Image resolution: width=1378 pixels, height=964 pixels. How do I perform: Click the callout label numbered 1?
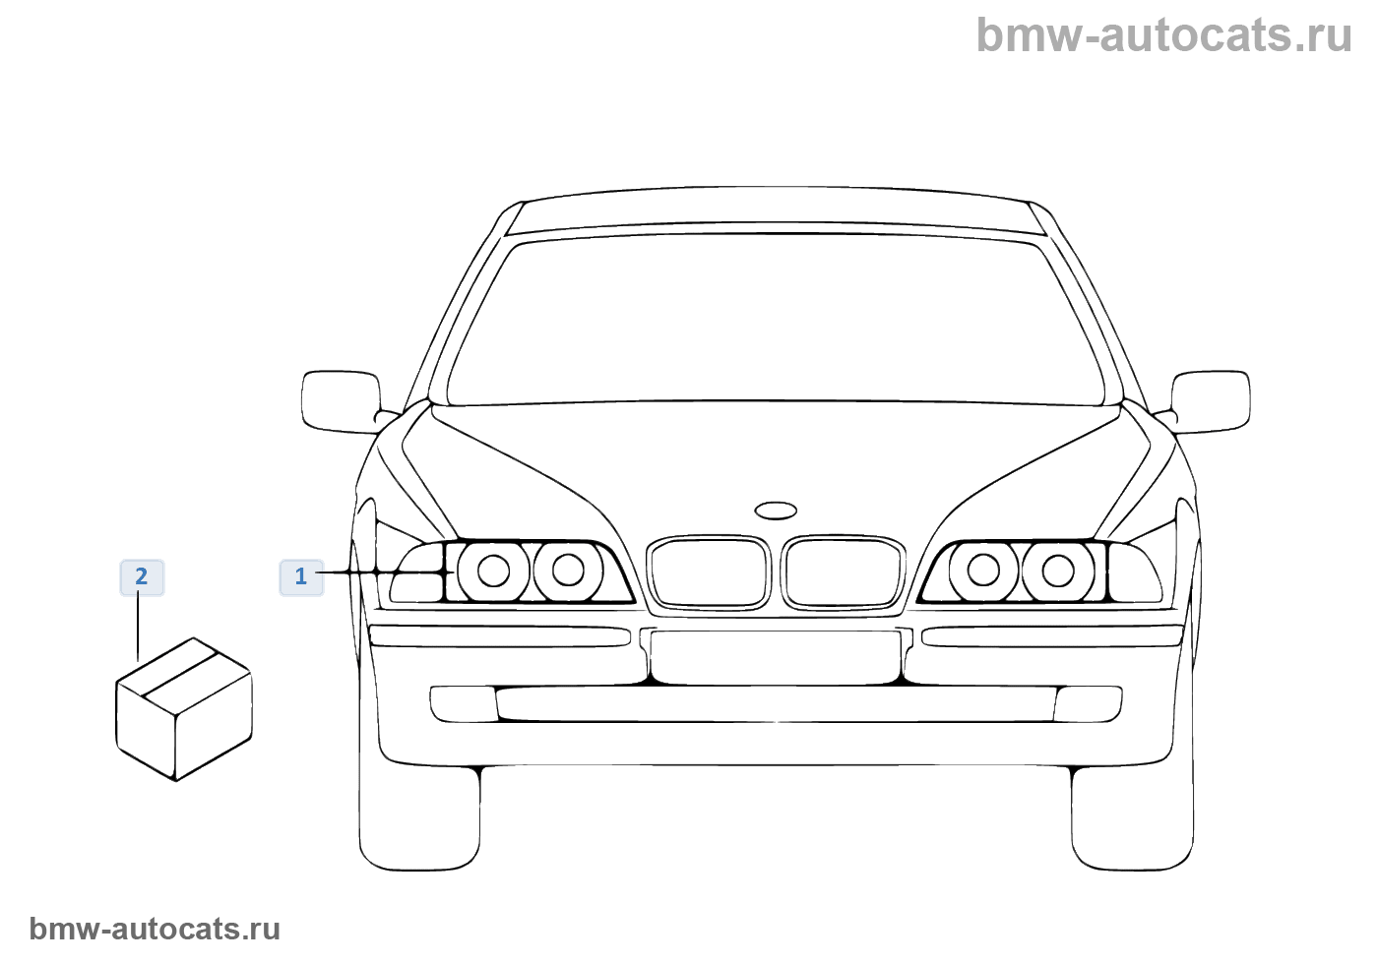(301, 576)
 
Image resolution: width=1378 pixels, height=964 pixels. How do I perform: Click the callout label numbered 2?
(142, 576)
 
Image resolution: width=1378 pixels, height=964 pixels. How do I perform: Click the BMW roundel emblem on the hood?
(776, 511)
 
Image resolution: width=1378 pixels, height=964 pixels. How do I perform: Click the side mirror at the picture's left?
(341, 400)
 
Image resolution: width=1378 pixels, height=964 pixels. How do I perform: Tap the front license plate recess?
(776, 656)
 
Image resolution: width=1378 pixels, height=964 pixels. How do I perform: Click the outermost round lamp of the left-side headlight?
(493, 571)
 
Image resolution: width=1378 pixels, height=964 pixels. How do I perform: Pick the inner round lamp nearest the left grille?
(568, 571)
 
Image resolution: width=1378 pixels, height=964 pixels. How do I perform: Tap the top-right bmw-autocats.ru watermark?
(1163, 35)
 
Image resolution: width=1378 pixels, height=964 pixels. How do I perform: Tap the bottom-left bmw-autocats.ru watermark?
(155, 929)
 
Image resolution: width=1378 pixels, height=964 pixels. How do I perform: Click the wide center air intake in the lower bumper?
(776, 703)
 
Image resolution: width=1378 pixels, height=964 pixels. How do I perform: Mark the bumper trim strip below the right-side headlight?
(1051, 636)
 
